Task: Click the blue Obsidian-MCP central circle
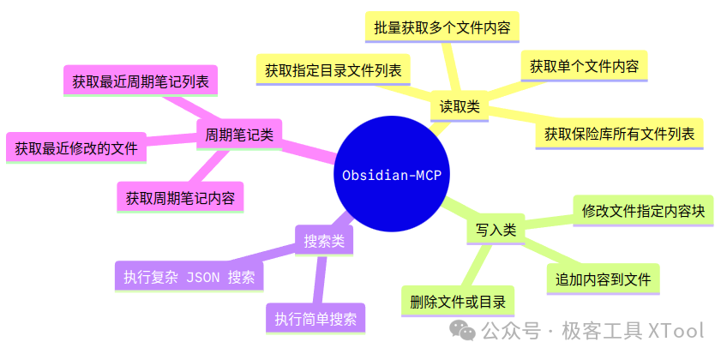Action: click(391, 176)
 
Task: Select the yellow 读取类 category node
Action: click(460, 107)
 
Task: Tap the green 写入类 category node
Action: click(496, 230)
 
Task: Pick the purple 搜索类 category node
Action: click(324, 242)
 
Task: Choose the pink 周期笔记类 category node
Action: click(240, 135)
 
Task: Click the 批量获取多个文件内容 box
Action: click(442, 27)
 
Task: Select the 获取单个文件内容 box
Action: click(584, 66)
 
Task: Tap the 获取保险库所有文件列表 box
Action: click(619, 135)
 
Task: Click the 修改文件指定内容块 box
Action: click(643, 211)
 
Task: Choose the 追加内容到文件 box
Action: click(603, 279)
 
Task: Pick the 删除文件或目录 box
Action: click(457, 302)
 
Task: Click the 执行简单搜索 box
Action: click(315, 319)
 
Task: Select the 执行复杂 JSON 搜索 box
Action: click(189, 277)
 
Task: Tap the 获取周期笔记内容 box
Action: click(180, 197)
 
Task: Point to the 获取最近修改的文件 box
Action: click(76, 147)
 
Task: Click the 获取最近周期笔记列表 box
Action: click(141, 82)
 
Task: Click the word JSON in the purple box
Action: click(205, 278)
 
